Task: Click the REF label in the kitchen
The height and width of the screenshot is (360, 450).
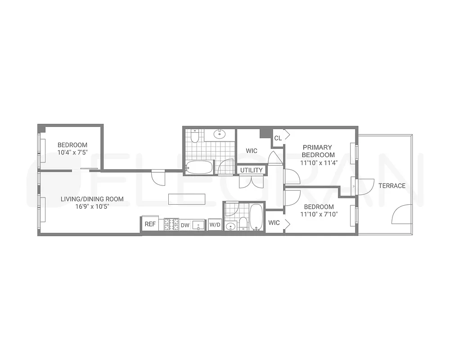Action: click(x=150, y=224)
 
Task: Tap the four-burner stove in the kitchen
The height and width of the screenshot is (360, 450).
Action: click(x=171, y=224)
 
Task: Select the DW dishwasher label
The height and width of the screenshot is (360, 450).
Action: click(x=185, y=225)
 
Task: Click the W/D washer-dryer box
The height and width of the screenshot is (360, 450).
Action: click(x=215, y=225)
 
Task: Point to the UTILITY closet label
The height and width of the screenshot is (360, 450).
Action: click(x=251, y=170)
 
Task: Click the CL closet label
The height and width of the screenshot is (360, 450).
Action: click(x=278, y=138)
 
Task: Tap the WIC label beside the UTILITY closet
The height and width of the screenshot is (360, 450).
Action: click(x=252, y=151)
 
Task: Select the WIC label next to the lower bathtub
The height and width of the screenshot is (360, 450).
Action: click(x=274, y=223)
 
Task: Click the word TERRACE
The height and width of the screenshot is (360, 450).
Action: click(x=391, y=186)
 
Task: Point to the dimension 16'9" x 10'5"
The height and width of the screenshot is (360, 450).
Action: click(x=92, y=207)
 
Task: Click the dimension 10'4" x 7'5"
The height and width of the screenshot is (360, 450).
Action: click(x=72, y=153)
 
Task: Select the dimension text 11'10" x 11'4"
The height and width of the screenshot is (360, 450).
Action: click(x=317, y=155)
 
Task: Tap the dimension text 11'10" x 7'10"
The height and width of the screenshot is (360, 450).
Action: click(x=319, y=214)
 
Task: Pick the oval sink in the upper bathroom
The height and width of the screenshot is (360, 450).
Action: click(x=220, y=134)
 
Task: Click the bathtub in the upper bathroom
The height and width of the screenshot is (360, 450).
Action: click(x=199, y=167)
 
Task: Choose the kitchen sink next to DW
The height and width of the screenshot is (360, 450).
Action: click(x=198, y=225)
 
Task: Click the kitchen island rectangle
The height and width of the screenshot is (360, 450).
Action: click(x=187, y=199)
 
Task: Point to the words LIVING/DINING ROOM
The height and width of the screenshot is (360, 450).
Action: click(x=92, y=199)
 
